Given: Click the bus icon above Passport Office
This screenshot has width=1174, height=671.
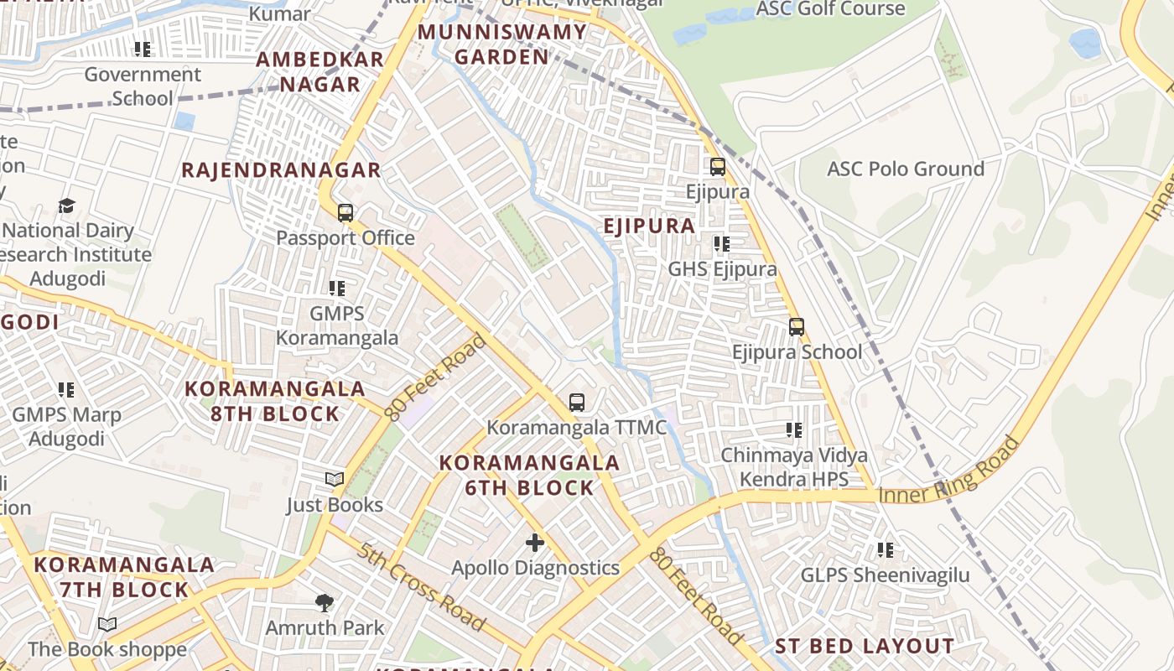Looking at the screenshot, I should click(x=345, y=213).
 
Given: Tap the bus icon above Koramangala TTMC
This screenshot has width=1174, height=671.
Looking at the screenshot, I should click(x=577, y=402).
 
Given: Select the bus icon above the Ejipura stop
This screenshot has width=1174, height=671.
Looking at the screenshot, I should click(x=718, y=167).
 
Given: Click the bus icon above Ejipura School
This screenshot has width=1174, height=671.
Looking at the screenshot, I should click(x=797, y=326).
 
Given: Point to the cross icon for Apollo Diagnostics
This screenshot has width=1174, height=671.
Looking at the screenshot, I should click(x=535, y=543).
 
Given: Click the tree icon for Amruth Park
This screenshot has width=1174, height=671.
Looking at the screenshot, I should click(x=325, y=602).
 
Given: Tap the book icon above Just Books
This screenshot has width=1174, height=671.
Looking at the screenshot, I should click(x=335, y=479).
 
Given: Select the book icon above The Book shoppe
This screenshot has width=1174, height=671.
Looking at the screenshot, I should click(x=107, y=624).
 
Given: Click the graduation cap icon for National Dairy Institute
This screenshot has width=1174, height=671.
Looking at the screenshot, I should click(x=66, y=205).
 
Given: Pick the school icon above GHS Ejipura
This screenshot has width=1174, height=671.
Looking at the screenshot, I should click(x=722, y=244).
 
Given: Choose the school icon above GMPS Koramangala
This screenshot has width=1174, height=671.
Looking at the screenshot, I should click(x=337, y=289).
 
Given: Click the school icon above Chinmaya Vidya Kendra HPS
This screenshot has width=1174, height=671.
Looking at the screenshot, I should click(x=793, y=430).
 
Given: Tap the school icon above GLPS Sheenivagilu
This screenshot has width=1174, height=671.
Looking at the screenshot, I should click(x=885, y=550).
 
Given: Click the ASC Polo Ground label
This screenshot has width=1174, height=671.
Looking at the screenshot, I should click(x=906, y=169).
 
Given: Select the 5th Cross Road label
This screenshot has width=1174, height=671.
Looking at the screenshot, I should click(x=421, y=586).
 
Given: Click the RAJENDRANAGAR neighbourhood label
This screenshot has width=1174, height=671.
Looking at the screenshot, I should click(x=282, y=170).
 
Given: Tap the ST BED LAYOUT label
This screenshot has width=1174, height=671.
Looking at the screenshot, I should click(x=864, y=647).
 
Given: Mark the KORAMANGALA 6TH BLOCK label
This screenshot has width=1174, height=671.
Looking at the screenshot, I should click(x=529, y=475).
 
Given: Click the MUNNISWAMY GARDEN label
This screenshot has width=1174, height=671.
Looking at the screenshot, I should click(x=502, y=44).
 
